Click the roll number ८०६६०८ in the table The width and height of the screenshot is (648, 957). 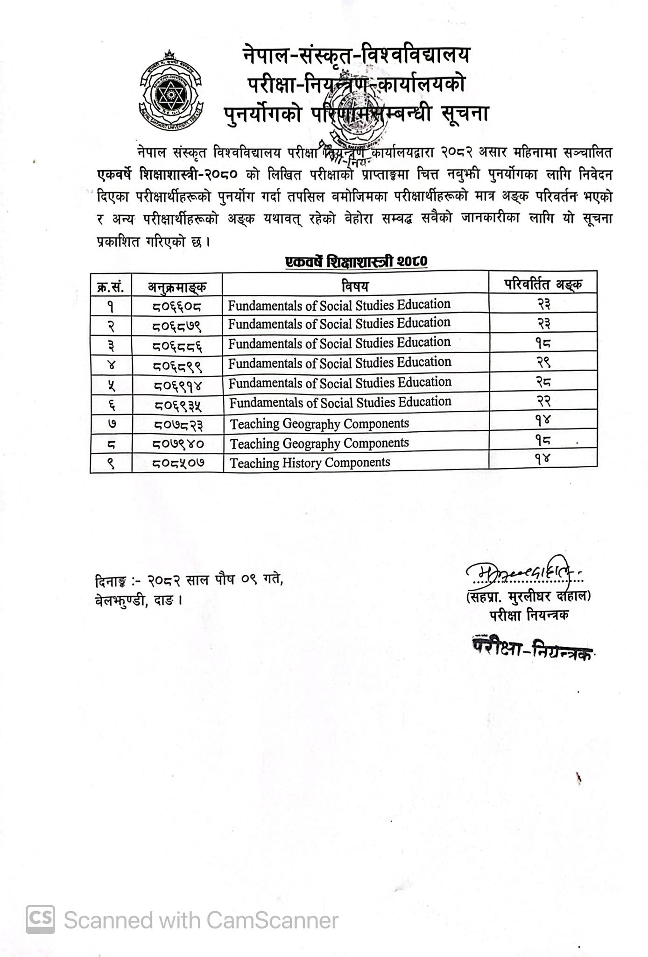[x=177, y=307]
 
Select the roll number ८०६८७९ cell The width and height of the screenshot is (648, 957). [x=177, y=326]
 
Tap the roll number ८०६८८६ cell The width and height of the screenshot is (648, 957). [x=177, y=346]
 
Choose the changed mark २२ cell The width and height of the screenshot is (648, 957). [x=543, y=402]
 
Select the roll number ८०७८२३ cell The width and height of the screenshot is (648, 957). [x=177, y=424]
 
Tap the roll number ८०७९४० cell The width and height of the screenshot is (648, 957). [x=177, y=443]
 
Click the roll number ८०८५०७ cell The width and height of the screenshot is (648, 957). [x=177, y=463]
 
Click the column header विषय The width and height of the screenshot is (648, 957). [x=355, y=286]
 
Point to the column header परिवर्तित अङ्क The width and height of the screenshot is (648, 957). [x=543, y=284]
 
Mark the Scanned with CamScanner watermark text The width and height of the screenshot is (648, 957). [x=201, y=921]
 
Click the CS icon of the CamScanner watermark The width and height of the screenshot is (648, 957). [x=40, y=920]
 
